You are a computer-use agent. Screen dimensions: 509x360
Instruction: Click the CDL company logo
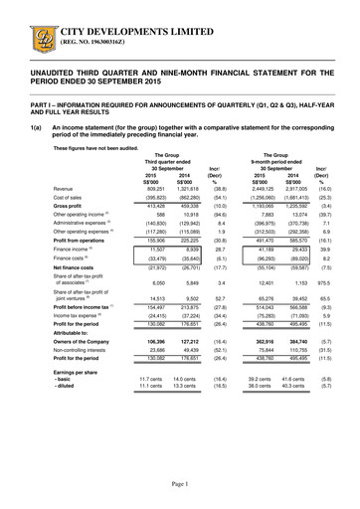point(20,19)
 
